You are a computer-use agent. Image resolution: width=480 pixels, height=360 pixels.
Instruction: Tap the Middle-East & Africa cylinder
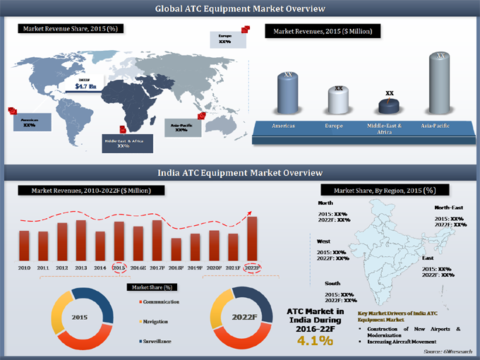(390, 107)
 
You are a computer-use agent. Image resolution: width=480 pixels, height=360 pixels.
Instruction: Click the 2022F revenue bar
(252, 239)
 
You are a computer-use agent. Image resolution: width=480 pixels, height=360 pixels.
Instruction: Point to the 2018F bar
(176, 248)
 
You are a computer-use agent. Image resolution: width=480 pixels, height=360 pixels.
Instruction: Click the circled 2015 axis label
(119, 268)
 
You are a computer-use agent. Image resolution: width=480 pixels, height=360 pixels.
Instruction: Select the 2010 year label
(24, 268)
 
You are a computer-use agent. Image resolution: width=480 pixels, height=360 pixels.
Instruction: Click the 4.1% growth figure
(315, 340)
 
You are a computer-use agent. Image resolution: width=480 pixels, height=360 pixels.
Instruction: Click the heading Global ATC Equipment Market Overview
(240, 8)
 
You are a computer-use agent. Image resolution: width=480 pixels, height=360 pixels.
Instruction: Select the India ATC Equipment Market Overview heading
(240, 172)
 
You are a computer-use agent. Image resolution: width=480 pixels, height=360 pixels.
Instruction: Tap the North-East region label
(448, 208)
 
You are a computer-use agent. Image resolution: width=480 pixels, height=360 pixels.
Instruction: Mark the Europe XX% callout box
(227, 39)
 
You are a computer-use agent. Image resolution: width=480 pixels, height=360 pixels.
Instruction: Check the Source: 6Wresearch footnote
(447, 351)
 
